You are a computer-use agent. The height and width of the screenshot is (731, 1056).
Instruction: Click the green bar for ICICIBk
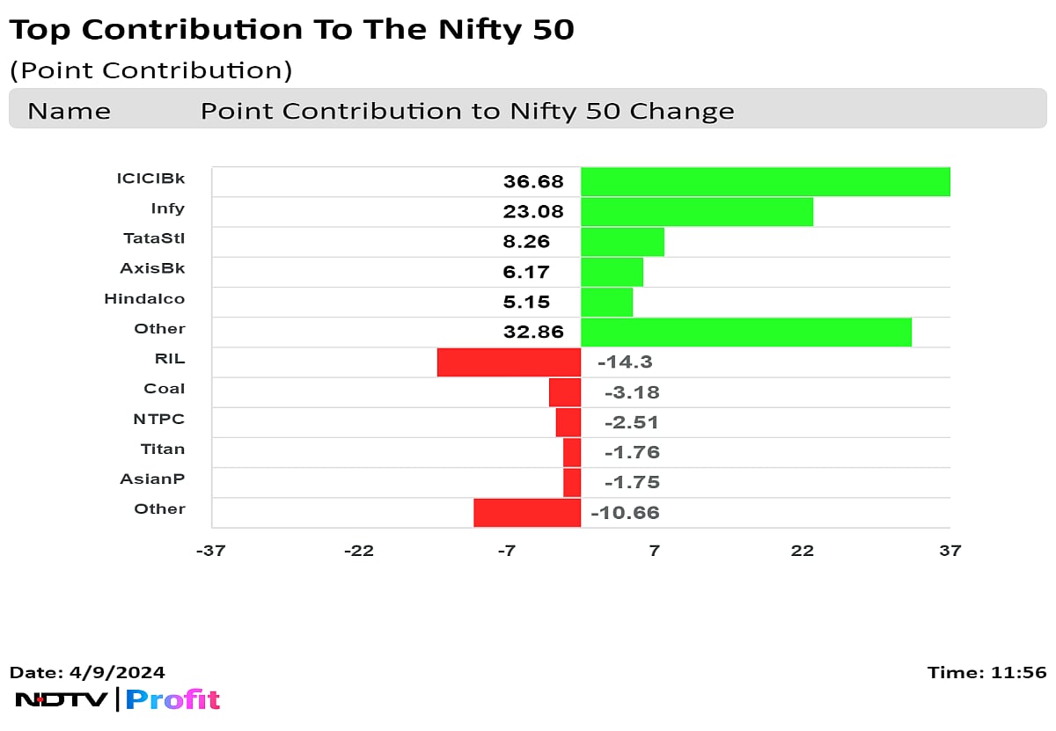pyautogui.click(x=765, y=182)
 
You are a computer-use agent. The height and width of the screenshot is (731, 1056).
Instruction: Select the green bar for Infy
pyautogui.click(x=696, y=212)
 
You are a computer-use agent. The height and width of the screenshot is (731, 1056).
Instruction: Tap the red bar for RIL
pyautogui.click(x=509, y=362)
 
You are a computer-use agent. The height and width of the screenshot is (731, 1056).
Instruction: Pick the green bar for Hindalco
pyautogui.click(x=606, y=303)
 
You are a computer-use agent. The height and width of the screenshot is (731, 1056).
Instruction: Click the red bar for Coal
pyautogui.click(x=565, y=392)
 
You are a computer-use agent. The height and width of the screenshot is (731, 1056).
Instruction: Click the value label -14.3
pyautogui.click(x=625, y=362)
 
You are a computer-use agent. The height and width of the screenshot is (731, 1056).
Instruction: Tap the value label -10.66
pyautogui.click(x=625, y=513)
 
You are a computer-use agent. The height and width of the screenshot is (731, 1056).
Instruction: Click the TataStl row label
pyautogui.click(x=154, y=238)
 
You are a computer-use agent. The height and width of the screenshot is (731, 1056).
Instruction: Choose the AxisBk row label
pyautogui.click(x=152, y=268)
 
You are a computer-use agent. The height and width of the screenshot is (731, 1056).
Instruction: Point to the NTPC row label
pyautogui.click(x=159, y=419)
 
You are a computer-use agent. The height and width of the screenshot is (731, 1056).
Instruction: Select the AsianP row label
pyautogui.click(x=153, y=479)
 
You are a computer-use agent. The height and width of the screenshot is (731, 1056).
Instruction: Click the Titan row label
pyautogui.click(x=163, y=449)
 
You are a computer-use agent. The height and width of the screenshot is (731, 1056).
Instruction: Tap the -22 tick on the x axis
pyautogui.click(x=359, y=551)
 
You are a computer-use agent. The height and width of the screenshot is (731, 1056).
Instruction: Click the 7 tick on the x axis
pyautogui.click(x=654, y=551)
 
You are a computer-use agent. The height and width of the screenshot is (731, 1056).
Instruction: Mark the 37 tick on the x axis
pyautogui.click(x=950, y=551)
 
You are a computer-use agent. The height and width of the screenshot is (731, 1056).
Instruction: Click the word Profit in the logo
pyautogui.click(x=172, y=700)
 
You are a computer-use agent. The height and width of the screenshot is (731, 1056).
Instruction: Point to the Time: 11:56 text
pyautogui.click(x=986, y=673)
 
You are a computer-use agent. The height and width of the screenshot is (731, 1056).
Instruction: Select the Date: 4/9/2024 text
pyautogui.click(x=87, y=673)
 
